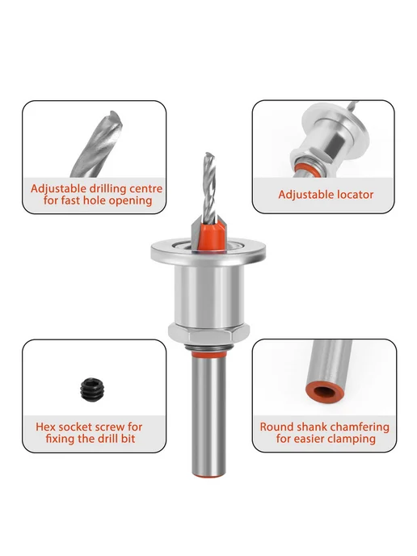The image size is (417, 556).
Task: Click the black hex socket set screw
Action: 93,389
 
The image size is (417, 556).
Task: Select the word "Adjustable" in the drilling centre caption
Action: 58,188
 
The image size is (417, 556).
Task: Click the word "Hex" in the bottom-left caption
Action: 45,427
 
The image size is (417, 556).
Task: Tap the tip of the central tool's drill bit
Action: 208,154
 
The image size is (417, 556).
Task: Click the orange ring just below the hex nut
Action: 208,354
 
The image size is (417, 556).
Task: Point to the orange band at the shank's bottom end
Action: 208,474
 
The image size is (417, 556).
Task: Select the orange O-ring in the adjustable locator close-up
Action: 306,167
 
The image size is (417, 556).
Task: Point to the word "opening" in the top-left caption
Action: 130,201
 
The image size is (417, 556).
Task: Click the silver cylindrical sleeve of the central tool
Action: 208,296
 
